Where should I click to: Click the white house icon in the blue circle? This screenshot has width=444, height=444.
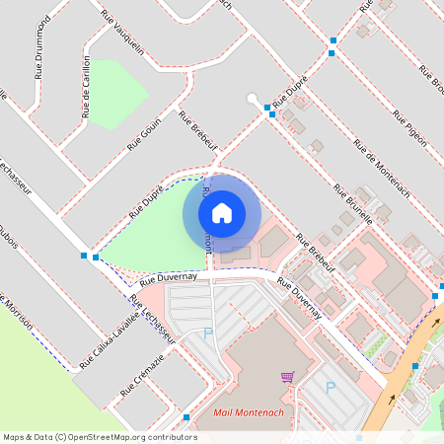[222, 211]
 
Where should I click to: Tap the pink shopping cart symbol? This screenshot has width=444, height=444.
[287, 376]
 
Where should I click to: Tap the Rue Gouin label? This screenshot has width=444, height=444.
[144, 134]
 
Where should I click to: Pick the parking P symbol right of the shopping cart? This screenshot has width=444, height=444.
[331, 388]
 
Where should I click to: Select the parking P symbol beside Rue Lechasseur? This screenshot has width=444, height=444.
[207, 333]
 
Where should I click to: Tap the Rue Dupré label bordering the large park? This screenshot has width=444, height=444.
[146, 200]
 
